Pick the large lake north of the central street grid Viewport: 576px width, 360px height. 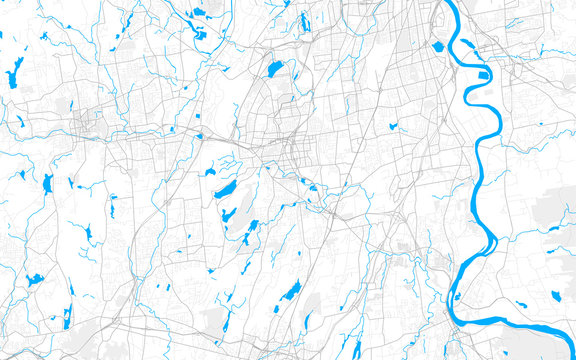click(272, 70)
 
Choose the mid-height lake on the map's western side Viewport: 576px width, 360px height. click(48, 183)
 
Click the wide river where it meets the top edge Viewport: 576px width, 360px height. click(446, 5)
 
